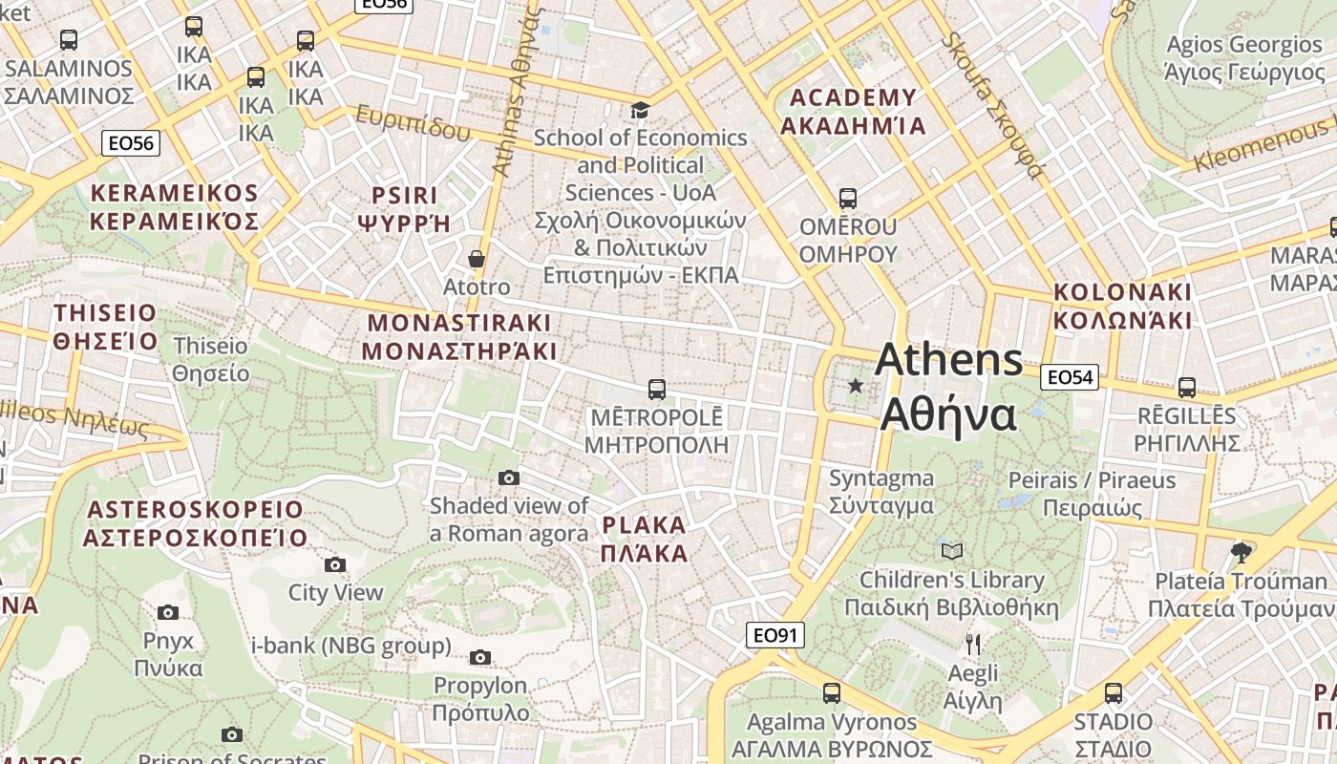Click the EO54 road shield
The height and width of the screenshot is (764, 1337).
coord(1069,377)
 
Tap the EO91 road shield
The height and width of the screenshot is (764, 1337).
coord(775,635)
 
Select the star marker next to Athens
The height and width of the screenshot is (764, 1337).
coord(856,386)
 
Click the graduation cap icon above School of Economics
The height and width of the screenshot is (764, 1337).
coord(640,111)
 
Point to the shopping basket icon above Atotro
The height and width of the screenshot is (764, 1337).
coord(477,259)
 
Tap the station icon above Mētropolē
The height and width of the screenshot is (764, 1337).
coord(656,390)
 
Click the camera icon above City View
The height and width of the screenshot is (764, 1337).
coord(335,564)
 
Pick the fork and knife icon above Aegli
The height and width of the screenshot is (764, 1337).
coord(973,645)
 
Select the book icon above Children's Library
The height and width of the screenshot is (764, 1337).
coord(952,551)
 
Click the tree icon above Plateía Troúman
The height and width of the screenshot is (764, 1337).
coord(1241,552)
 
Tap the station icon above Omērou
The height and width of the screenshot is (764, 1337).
coord(847,199)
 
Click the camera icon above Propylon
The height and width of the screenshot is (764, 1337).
coord(480,657)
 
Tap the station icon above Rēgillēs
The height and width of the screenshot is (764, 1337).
coord(1187,388)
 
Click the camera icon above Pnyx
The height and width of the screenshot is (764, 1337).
coord(168,612)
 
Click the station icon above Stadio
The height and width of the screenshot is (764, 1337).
coord(1113,693)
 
